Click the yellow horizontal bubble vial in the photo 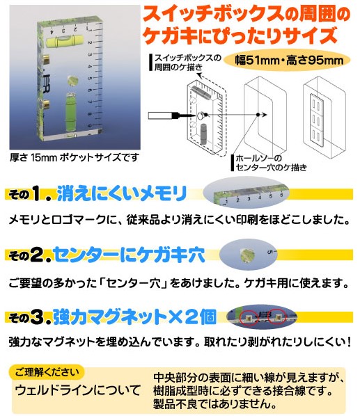pos(65,41)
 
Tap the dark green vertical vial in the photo pos(70,110)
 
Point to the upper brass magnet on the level pos(46,59)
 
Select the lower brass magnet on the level pos(46,104)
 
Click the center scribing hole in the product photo pos(72,81)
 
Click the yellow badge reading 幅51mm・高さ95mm pos(289,61)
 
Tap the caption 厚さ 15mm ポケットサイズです pos(75,158)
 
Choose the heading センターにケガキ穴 pos(130,255)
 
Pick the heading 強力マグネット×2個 pos(134,317)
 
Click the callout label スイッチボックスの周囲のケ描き pos(187,63)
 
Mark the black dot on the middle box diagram pos(258,115)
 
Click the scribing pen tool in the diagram pos(171,115)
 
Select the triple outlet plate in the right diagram pos(318,120)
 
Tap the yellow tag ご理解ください pos(47,372)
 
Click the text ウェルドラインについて pos(78,390)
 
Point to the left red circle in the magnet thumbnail pos(249,317)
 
